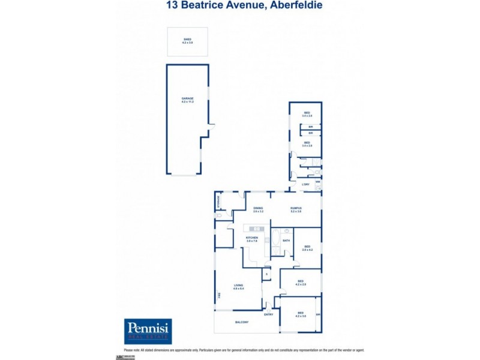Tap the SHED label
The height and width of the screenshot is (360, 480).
(187, 40)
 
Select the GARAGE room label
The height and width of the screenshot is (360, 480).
(187, 98)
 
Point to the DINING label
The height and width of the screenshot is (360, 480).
(258, 208)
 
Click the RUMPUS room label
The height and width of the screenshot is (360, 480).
(295, 208)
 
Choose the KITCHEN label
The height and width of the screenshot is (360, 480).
(252, 238)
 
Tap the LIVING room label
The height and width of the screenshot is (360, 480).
(238, 286)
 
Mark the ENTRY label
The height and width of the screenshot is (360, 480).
(268, 314)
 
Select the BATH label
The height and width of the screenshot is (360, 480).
(286, 241)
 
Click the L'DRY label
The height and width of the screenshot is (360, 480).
(305, 184)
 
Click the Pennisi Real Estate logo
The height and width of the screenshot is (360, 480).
(148, 331)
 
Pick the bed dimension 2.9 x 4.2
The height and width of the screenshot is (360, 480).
(307, 250)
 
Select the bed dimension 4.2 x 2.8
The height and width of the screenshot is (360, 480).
(300, 284)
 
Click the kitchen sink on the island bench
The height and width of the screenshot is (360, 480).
(256, 229)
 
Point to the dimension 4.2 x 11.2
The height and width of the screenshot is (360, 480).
(187, 102)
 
